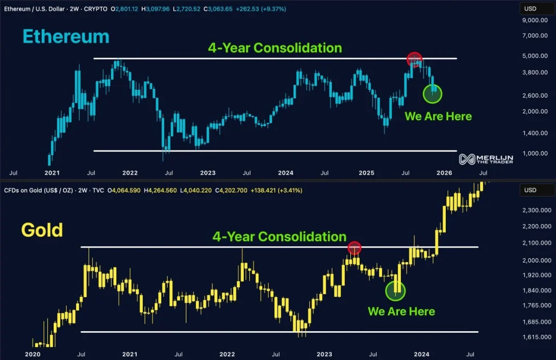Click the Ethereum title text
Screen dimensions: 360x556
[66, 36]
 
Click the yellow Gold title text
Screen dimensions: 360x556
[42, 230]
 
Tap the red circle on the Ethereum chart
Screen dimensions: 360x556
[414, 59]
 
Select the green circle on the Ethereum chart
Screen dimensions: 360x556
[433, 93]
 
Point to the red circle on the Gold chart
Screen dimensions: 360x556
[354, 248]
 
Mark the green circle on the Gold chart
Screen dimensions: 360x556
[395, 291]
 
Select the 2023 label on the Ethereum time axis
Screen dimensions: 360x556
[207, 173]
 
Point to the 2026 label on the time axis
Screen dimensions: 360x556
[444, 173]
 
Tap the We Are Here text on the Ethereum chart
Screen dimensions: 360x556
[438, 116]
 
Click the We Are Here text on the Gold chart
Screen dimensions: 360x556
[401, 311]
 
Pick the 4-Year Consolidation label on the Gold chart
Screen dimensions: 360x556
[279, 237]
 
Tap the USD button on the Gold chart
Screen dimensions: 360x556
[529, 191]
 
